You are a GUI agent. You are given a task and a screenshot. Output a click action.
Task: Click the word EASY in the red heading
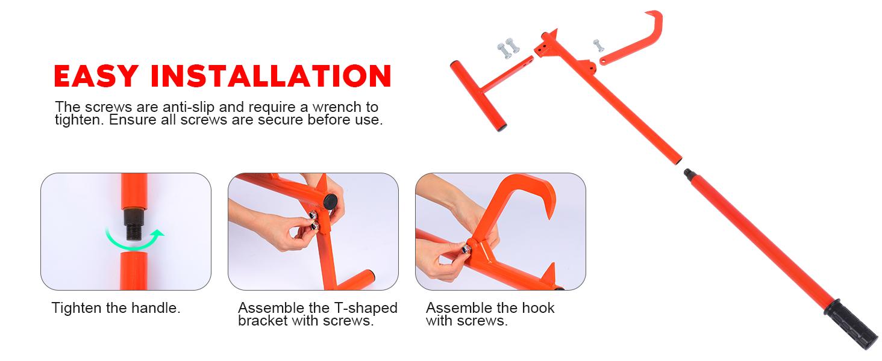click(96, 76)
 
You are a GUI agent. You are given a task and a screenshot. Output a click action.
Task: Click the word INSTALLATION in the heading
click(271, 76)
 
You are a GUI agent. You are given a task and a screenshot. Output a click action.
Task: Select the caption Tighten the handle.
click(116, 308)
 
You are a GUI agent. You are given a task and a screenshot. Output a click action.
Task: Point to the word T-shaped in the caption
click(366, 308)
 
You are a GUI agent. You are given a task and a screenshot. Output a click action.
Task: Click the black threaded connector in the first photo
click(134, 224)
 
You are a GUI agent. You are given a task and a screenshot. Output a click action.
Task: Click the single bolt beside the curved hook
click(598, 46)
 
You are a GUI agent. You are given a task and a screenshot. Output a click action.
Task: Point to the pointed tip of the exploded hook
click(646, 14)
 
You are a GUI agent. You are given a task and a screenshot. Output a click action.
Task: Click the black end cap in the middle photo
click(330, 201)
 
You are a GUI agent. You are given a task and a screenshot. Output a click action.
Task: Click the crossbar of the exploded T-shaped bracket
click(478, 96)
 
